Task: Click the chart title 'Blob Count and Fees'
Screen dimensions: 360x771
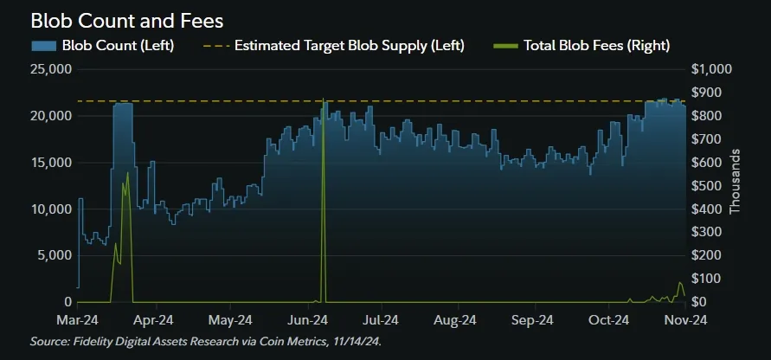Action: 126,19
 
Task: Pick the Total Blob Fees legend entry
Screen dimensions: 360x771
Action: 596,45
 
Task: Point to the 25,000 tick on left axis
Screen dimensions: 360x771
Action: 50,69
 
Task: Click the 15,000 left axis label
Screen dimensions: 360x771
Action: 50,163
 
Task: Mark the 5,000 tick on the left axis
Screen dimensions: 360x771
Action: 54,255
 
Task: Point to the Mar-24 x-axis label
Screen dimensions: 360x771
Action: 78,318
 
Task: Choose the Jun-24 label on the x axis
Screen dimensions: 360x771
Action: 305,318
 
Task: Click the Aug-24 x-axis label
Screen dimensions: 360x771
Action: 456,318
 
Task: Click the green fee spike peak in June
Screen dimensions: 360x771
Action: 323,100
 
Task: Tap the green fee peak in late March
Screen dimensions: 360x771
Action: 127,173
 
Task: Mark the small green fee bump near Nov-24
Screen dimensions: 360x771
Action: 680,283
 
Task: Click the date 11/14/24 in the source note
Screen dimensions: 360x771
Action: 355,341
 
